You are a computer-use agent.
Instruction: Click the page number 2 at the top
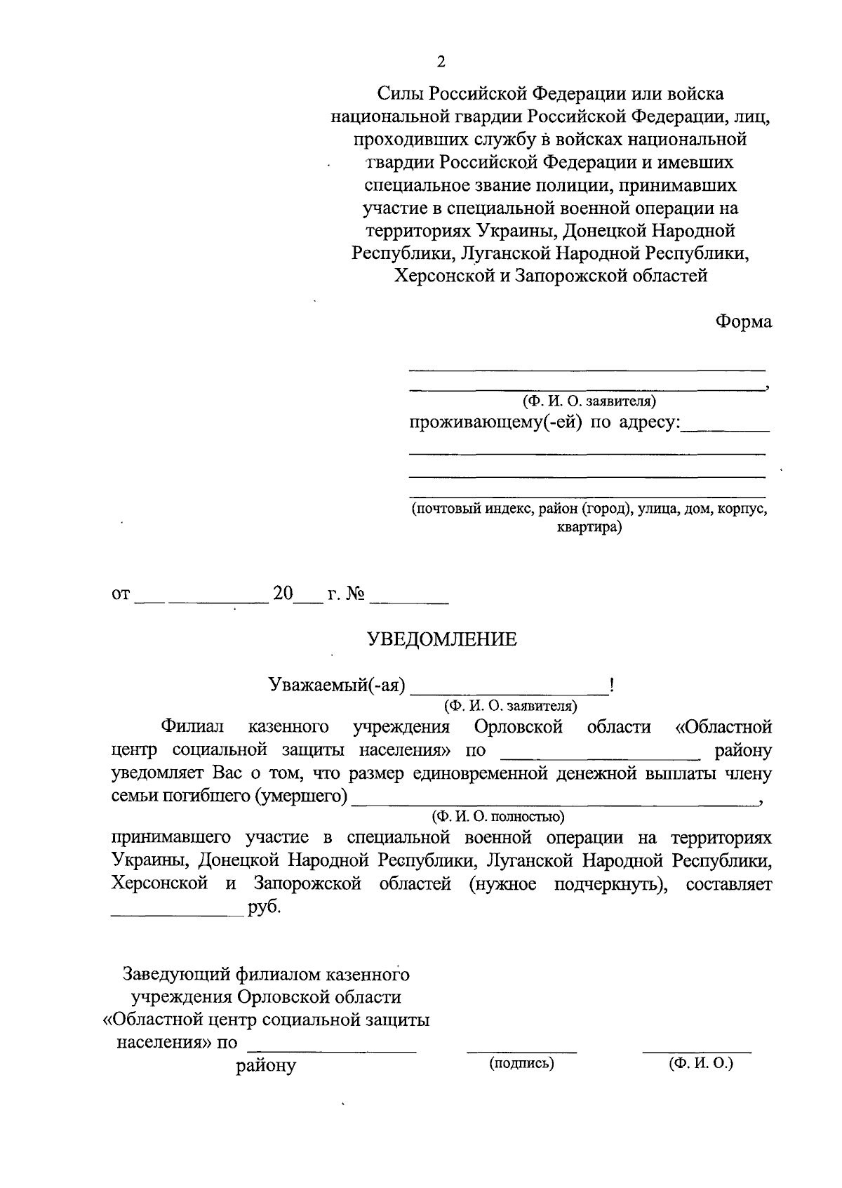pyautogui.click(x=441, y=62)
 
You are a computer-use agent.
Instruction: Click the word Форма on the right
pyautogui.click(x=743, y=322)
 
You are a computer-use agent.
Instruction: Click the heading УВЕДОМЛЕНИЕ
pyautogui.click(x=442, y=639)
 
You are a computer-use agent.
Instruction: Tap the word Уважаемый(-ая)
pyautogui.click(x=338, y=685)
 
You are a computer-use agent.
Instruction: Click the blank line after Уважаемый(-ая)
pyautogui.click(x=511, y=690)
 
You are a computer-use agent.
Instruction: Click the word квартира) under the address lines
pyautogui.click(x=589, y=527)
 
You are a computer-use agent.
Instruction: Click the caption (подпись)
pyautogui.click(x=521, y=1064)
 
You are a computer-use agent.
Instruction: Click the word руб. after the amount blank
pyautogui.click(x=264, y=907)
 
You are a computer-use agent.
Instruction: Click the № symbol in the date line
pyautogui.click(x=356, y=594)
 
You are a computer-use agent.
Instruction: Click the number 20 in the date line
pyautogui.click(x=283, y=594)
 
